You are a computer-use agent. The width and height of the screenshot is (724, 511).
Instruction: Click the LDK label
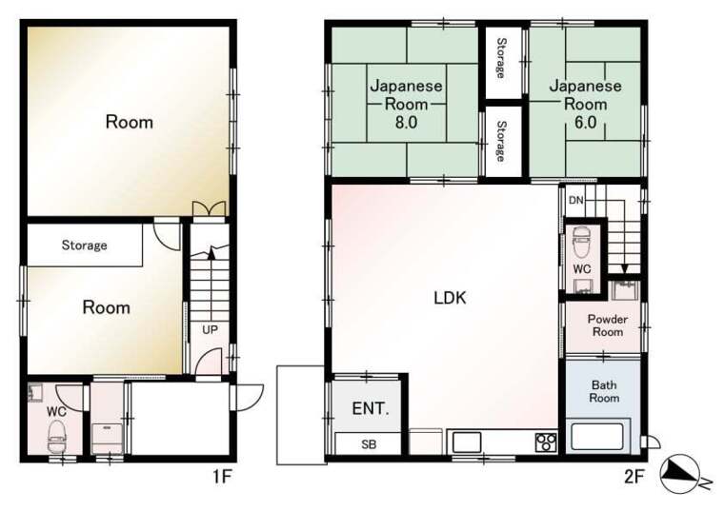[x=450, y=298]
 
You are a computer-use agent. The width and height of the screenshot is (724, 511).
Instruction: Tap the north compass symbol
[x=681, y=474]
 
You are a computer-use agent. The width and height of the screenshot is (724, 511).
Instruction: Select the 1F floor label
[x=222, y=477]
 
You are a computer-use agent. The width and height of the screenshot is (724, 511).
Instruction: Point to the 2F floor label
[x=633, y=477]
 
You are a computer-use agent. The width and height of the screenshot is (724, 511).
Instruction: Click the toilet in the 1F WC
[x=57, y=437]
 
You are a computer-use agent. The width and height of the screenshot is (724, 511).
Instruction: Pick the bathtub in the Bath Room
[x=598, y=436]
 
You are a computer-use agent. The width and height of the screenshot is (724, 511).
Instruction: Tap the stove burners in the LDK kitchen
[x=546, y=442]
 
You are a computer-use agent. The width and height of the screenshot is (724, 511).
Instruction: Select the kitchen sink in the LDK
[x=467, y=442]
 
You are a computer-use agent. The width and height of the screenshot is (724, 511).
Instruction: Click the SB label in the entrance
[x=369, y=444]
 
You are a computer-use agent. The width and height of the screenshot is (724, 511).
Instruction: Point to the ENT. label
[x=371, y=408]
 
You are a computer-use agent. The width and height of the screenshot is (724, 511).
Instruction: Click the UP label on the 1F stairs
[x=210, y=330]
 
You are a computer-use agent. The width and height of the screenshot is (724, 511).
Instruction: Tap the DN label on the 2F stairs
[x=575, y=200]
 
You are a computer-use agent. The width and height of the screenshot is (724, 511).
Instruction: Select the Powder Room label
[x=608, y=325]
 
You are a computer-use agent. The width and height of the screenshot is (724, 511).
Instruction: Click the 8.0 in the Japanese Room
[x=406, y=122]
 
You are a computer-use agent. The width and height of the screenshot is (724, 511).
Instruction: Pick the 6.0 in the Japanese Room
[x=586, y=122]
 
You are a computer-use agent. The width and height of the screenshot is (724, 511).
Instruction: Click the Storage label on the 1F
[x=84, y=245]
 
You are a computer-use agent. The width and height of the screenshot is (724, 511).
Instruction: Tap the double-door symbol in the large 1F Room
[x=210, y=208]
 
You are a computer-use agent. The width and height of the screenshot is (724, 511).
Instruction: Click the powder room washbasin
[x=625, y=290]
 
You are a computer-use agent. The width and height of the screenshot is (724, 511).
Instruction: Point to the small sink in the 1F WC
[x=35, y=392]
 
